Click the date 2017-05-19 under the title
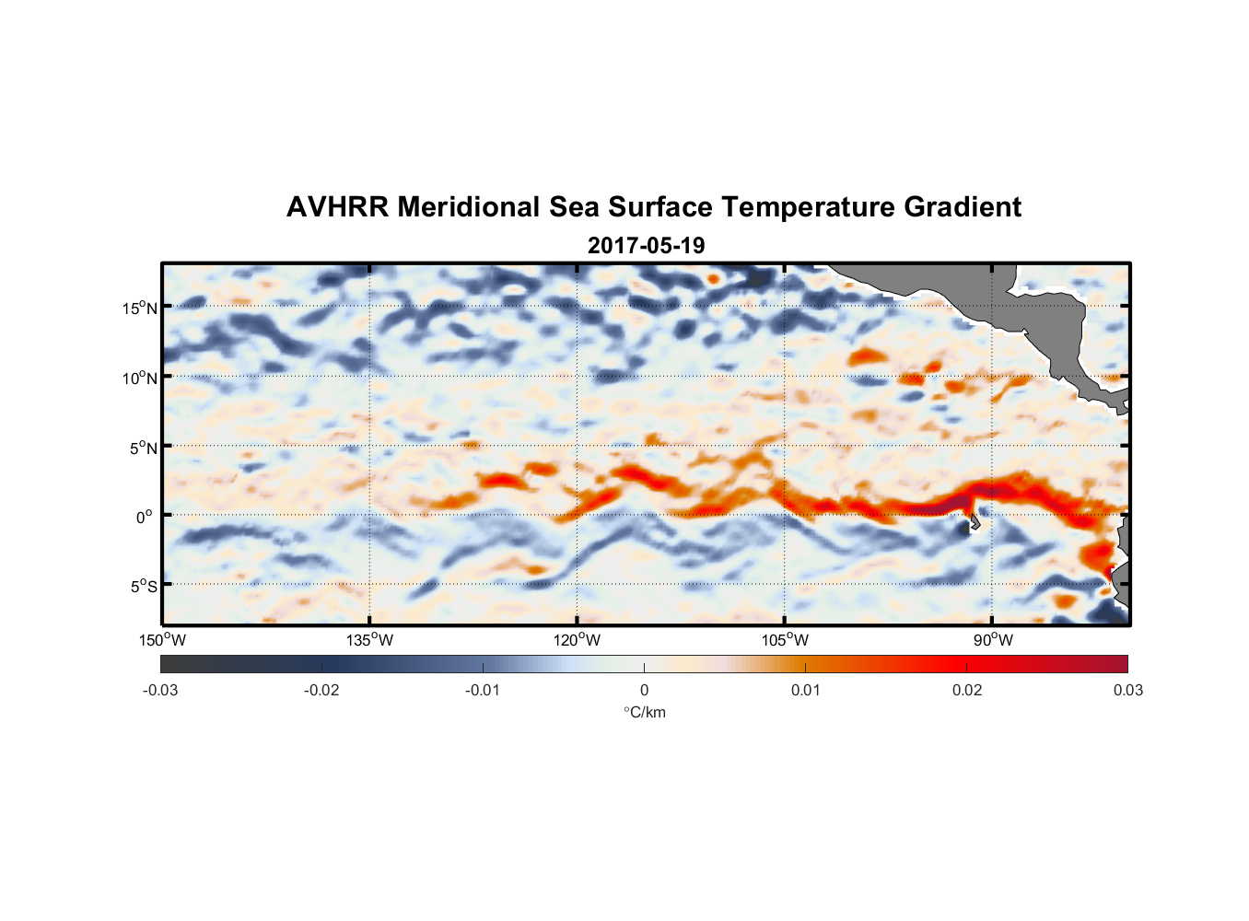[x=646, y=245]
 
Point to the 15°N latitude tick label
[x=140, y=308]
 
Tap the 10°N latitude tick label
[x=140, y=378]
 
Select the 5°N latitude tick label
[x=144, y=448]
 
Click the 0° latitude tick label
[x=145, y=517]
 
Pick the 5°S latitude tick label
[x=144, y=587]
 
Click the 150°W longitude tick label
[x=163, y=640]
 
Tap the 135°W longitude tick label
[x=370, y=640]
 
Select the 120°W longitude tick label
[x=578, y=640]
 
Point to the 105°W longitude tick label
[x=785, y=640]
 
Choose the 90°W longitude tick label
[x=993, y=640]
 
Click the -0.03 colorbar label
[x=160, y=691]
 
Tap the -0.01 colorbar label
[x=483, y=691]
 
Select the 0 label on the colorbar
[x=644, y=691]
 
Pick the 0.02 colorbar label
[x=967, y=691]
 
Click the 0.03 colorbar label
[x=1127, y=691]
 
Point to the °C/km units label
[x=644, y=712]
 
